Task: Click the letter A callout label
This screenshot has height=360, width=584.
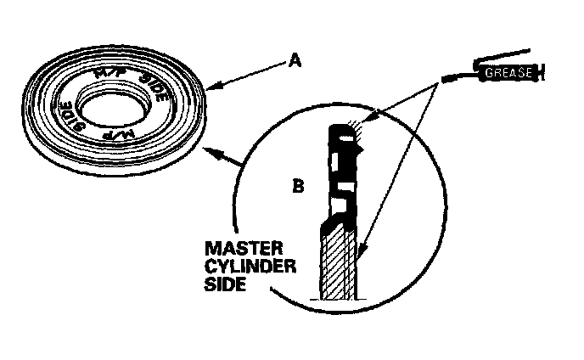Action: [x=295, y=60]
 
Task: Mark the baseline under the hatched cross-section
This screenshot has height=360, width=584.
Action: [x=338, y=300]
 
